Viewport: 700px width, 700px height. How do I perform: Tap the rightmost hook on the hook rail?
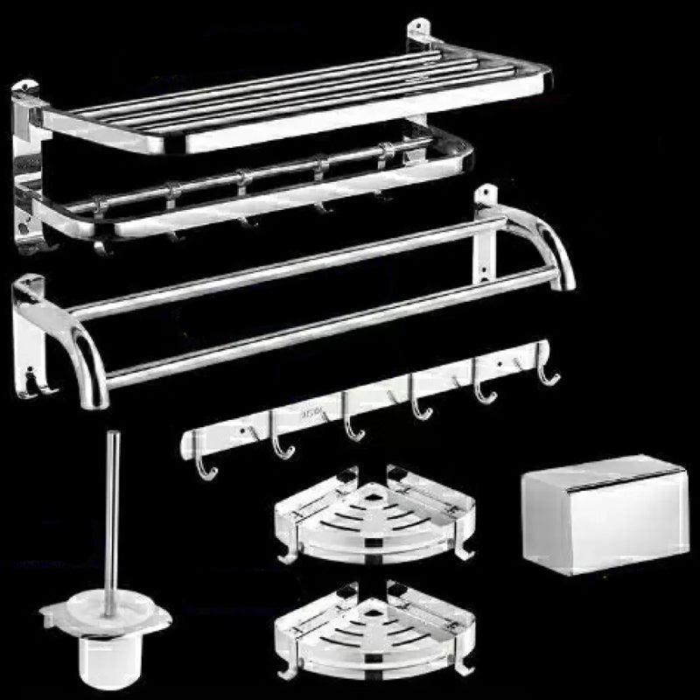(x=546, y=371)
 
